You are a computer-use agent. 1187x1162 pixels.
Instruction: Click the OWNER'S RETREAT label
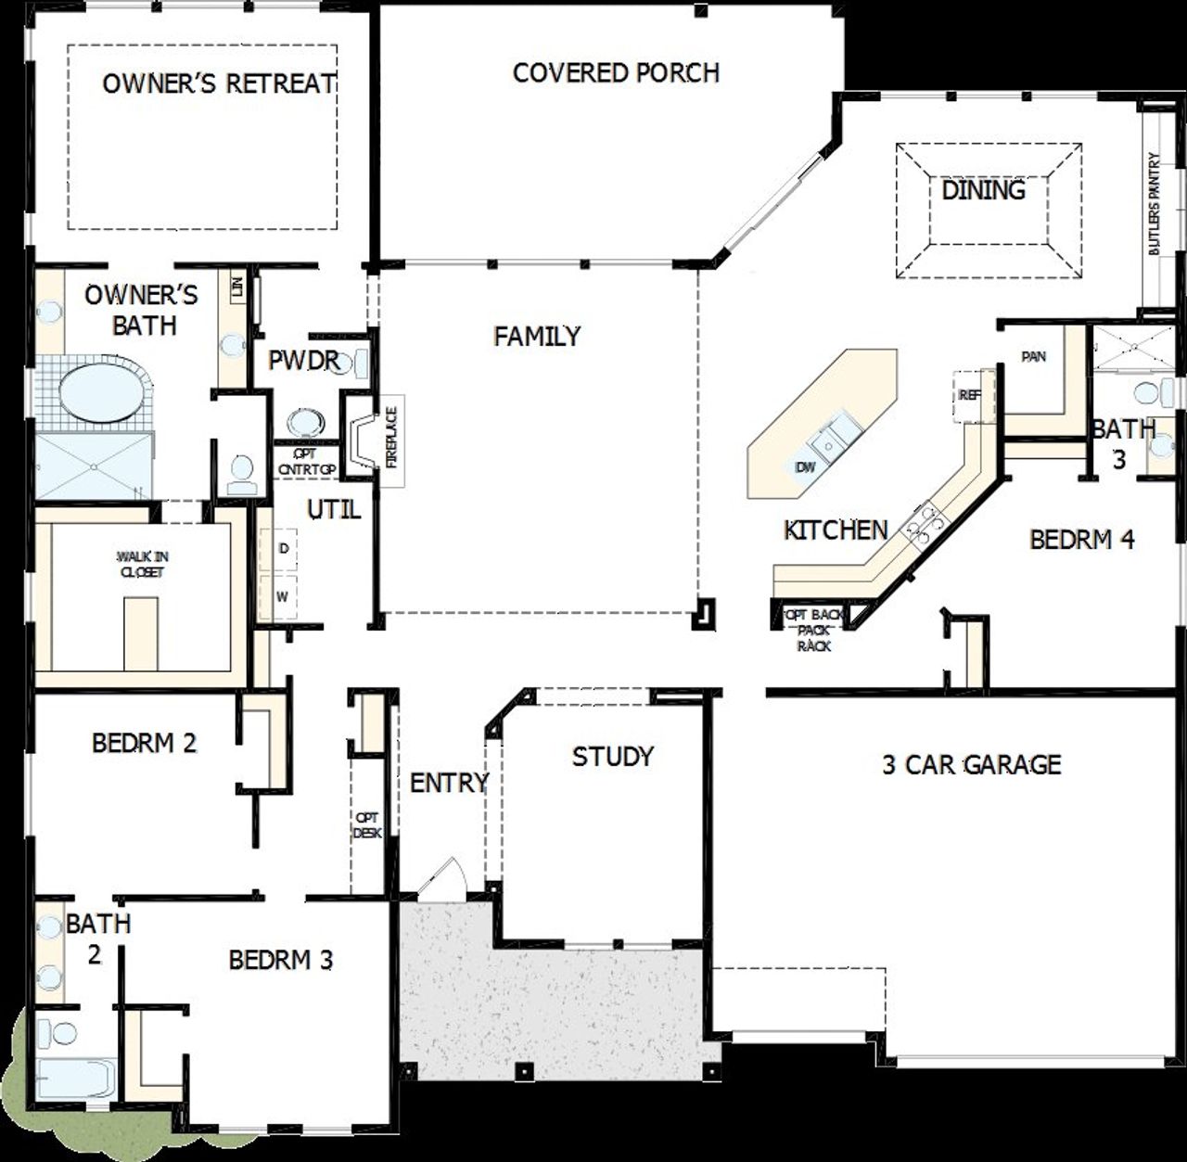point(219,83)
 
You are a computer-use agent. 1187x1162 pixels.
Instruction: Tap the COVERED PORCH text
point(616,73)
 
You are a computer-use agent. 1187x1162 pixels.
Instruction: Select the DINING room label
point(983,190)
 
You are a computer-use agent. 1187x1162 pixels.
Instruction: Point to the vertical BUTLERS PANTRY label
point(1155,204)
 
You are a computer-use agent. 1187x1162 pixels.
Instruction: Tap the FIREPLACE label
point(391,437)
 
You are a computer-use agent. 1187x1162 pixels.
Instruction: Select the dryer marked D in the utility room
point(283,549)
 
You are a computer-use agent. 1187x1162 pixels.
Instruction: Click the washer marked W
point(283,595)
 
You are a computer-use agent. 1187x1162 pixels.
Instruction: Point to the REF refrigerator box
point(969,395)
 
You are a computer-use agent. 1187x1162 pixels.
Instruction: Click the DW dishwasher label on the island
point(805,466)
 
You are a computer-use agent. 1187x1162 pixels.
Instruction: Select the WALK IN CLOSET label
point(142,564)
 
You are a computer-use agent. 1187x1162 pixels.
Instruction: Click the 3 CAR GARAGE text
point(971,765)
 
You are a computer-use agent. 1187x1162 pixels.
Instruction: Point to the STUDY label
point(612,757)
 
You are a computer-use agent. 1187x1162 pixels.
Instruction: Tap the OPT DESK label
point(367,825)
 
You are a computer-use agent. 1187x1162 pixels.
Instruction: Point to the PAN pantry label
point(1033,356)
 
